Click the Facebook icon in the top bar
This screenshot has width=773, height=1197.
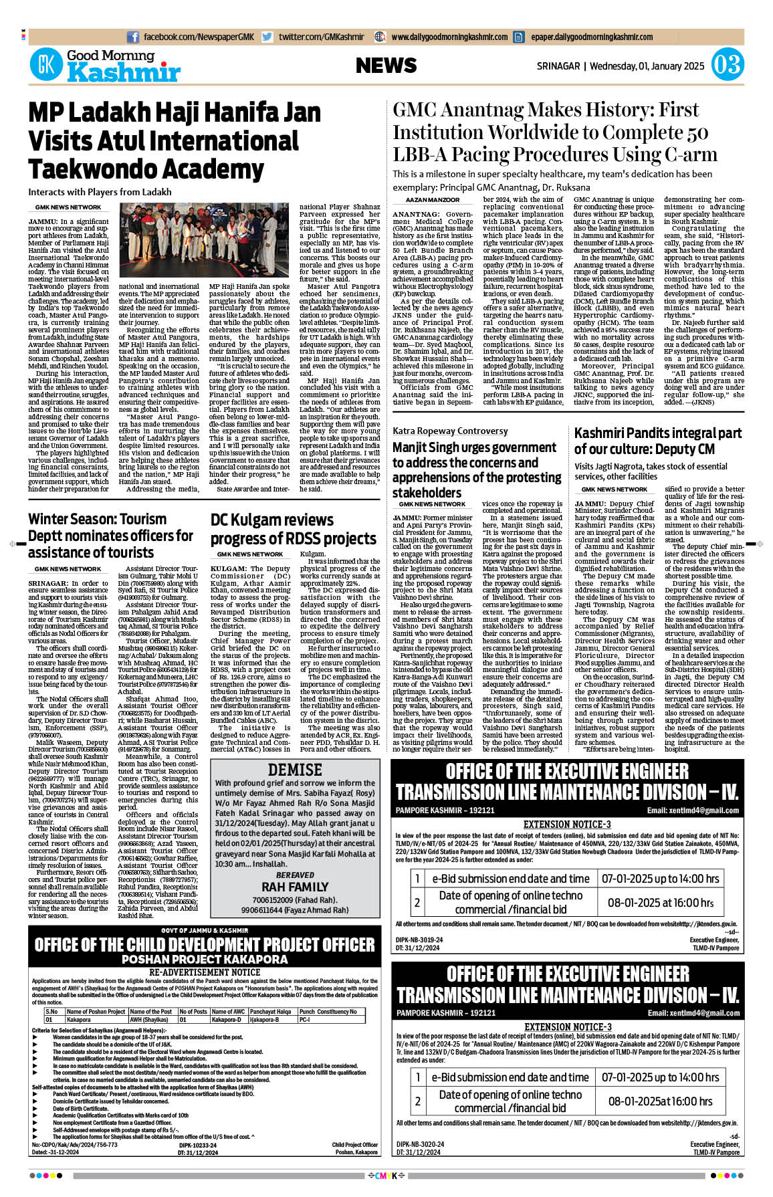132,37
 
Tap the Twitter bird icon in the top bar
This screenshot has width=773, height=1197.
267,37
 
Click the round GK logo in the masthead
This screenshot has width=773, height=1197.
46,65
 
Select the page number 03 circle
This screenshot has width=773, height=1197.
726,65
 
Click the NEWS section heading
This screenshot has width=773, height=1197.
386,66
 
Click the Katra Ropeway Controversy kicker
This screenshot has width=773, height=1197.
450,431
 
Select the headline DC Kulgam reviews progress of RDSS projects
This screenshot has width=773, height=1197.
293,529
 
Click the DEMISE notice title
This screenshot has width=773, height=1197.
295,770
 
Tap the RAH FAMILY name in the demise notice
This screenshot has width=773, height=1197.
295,887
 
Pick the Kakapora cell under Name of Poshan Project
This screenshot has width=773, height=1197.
79,1020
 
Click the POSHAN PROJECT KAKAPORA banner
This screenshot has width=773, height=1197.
205,959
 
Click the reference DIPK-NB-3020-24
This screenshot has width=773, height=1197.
419,1144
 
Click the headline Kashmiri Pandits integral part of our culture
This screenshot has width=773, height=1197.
658,441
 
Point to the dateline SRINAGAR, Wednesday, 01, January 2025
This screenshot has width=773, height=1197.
621,66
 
